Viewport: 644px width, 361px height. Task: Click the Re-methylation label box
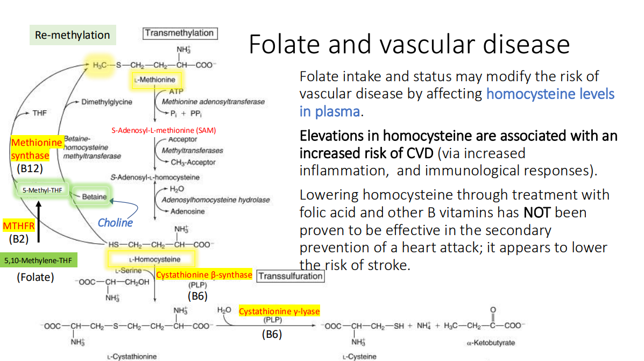[72, 36]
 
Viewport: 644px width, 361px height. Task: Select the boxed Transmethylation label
[180, 33]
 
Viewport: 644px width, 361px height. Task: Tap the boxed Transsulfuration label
[291, 276]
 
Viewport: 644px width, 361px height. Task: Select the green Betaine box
[94, 196]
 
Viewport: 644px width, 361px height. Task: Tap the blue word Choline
[115, 222]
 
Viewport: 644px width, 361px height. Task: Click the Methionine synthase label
[37, 149]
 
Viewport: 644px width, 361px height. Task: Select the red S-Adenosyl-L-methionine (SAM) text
[164, 130]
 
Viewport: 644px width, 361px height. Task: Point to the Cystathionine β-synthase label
[204, 275]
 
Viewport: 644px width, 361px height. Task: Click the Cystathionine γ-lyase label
[279, 312]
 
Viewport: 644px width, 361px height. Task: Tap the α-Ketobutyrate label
[491, 343]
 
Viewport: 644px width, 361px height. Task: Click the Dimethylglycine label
[107, 102]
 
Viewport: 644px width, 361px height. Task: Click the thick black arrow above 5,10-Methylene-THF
[38, 226]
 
